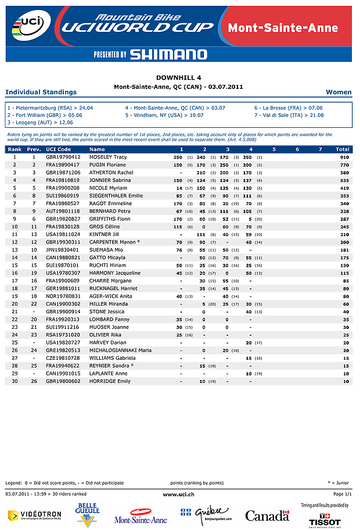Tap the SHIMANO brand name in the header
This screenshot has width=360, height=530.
click(x=168, y=55)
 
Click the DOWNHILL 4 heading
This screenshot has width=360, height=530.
click(x=179, y=77)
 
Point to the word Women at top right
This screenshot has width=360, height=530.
click(x=339, y=92)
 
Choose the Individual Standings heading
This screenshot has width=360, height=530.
click(x=41, y=92)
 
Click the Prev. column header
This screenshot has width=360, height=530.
click(x=34, y=149)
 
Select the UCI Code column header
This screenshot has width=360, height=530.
click(x=58, y=149)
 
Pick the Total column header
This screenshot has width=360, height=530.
click(x=343, y=149)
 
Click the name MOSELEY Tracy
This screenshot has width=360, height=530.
click(x=108, y=157)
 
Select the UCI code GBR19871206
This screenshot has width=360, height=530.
click(x=63, y=173)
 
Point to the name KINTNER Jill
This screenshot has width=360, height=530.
click(x=104, y=234)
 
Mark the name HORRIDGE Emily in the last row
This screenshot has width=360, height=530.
click(x=110, y=381)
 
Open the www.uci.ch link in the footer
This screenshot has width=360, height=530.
click(x=179, y=494)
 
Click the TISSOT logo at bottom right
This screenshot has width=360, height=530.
click(x=325, y=522)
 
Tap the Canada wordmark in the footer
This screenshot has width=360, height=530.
click(x=267, y=515)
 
